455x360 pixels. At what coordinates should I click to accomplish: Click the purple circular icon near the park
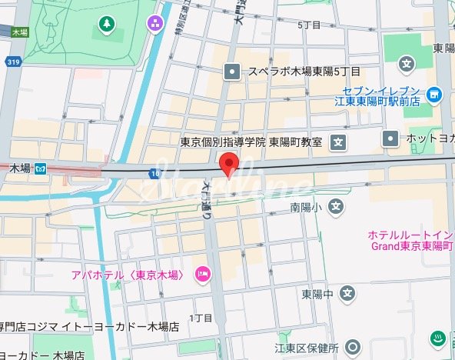tap(156, 24)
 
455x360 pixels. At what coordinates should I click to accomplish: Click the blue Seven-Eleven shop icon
tap(435, 95)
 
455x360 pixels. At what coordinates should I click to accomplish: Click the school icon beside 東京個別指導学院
tap(339, 142)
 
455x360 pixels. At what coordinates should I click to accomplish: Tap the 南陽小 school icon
tap(336, 206)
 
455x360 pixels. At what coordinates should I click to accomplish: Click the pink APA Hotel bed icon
tap(204, 274)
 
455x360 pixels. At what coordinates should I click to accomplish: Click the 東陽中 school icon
tap(347, 293)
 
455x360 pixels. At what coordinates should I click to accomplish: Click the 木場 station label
tap(22, 168)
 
